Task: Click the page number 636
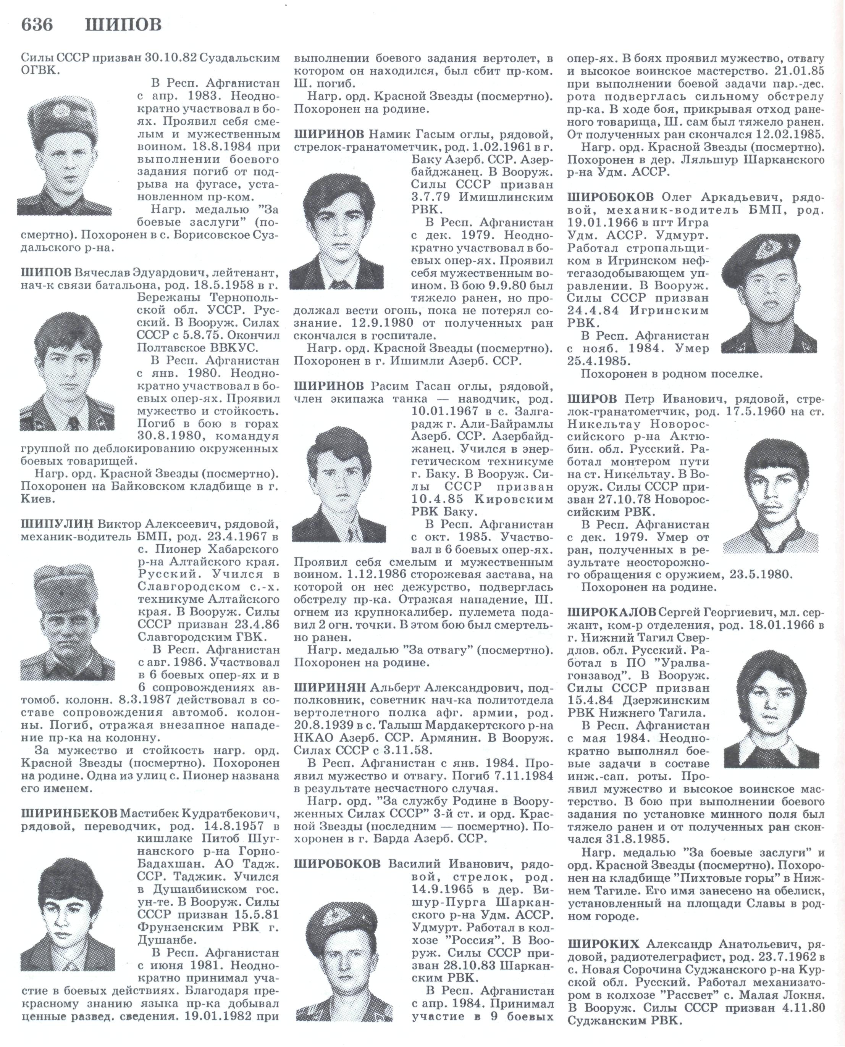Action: [x=37, y=24]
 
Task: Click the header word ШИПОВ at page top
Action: [x=123, y=24]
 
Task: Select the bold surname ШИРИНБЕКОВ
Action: [x=69, y=813]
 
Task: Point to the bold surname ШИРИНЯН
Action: [x=330, y=687]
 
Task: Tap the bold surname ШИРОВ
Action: [x=592, y=399]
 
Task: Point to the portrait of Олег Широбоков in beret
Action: [x=769, y=294]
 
